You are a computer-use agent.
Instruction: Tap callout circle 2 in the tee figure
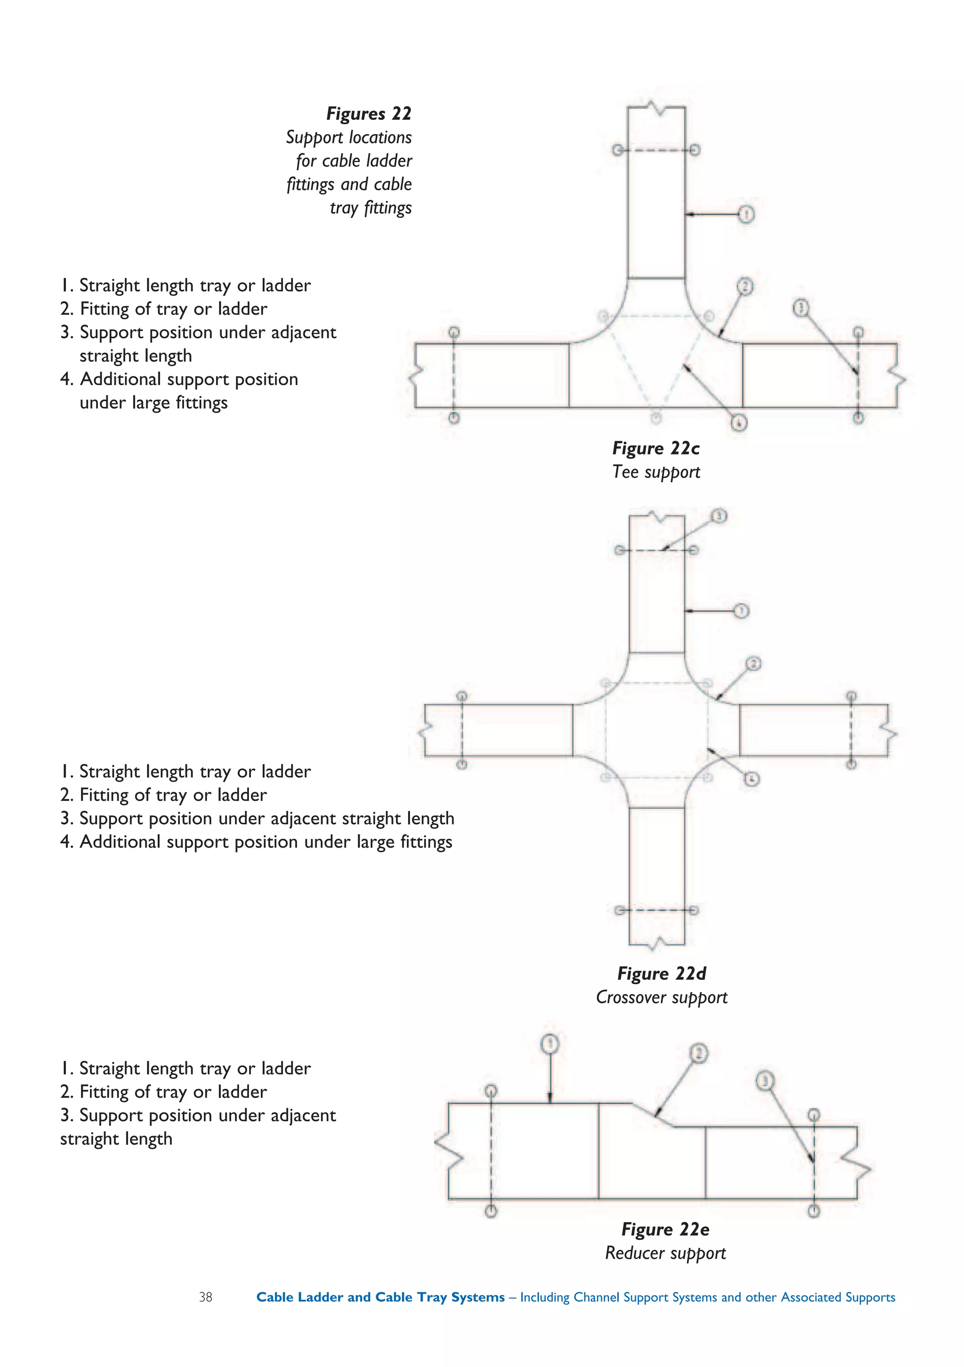[745, 287]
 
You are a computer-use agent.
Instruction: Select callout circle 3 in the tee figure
[801, 308]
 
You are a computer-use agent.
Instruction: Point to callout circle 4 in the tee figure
[739, 423]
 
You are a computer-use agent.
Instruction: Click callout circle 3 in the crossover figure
[719, 516]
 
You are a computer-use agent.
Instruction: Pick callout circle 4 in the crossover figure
[752, 779]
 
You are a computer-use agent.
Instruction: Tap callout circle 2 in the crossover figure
[753, 664]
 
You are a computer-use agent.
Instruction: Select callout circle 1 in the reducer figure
[550, 1044]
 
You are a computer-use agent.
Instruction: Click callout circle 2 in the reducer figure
[699, 1054]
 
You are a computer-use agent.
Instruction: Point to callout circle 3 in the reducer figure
[765, 1081]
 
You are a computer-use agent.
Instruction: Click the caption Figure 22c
[656, 448]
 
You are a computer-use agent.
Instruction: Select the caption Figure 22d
[661, 973]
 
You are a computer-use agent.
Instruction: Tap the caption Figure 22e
[665, 1230]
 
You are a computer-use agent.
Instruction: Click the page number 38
[206, 1297]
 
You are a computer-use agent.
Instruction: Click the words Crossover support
[661, 997]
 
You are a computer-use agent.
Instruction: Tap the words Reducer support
[665, 1253]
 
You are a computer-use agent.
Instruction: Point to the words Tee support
[656, 472]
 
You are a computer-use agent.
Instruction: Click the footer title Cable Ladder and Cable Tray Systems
[380, 1297]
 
